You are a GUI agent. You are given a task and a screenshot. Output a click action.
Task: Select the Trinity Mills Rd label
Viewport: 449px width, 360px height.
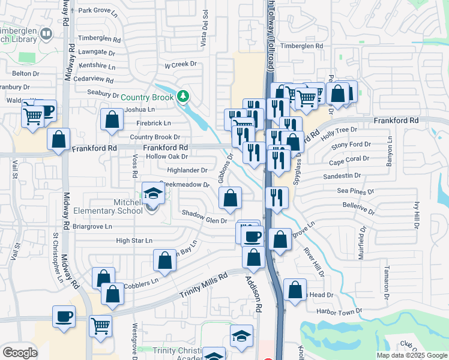pos(204,286)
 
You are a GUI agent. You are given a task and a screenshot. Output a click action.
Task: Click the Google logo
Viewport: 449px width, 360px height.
pos(20,352)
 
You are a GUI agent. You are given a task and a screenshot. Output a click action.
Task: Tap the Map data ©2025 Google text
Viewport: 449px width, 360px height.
pos(412,355)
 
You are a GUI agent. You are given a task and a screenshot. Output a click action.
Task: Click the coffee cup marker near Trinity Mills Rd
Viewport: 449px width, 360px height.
pos(64,316)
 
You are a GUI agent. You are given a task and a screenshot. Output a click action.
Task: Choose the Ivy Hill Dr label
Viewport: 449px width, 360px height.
pos(415,214)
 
